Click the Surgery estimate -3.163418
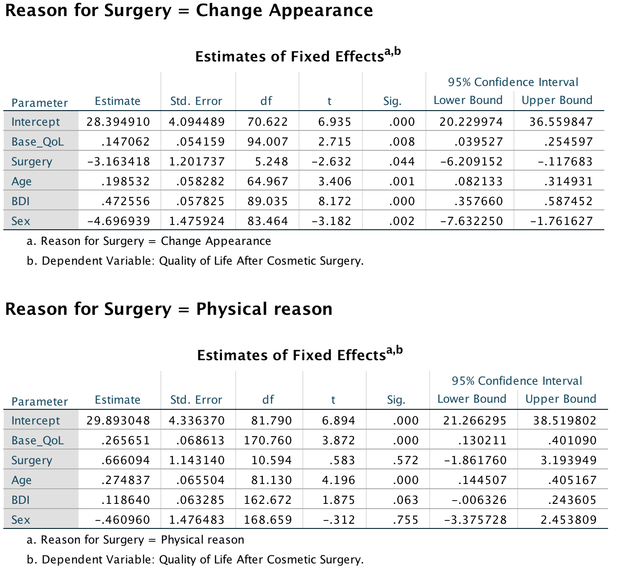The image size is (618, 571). point(118,162)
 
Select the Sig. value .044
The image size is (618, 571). point(402,162)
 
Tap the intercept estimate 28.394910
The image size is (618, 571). point(118,122)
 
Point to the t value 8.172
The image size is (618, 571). point(335,201)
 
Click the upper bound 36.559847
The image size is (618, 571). point(561,122)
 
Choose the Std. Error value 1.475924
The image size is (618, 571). point(197,221)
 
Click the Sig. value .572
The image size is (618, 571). point(406,460)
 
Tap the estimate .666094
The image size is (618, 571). point(125,460)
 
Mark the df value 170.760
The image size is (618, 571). point(268,441)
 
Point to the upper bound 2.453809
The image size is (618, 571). point(568,520)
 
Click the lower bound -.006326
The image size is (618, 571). point(475,500)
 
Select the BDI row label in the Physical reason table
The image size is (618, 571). point(20,500)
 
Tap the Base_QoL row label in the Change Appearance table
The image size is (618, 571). point(37,142)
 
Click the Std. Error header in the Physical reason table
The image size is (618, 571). point(196,400)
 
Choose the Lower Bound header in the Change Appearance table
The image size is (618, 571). point(468,100)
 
